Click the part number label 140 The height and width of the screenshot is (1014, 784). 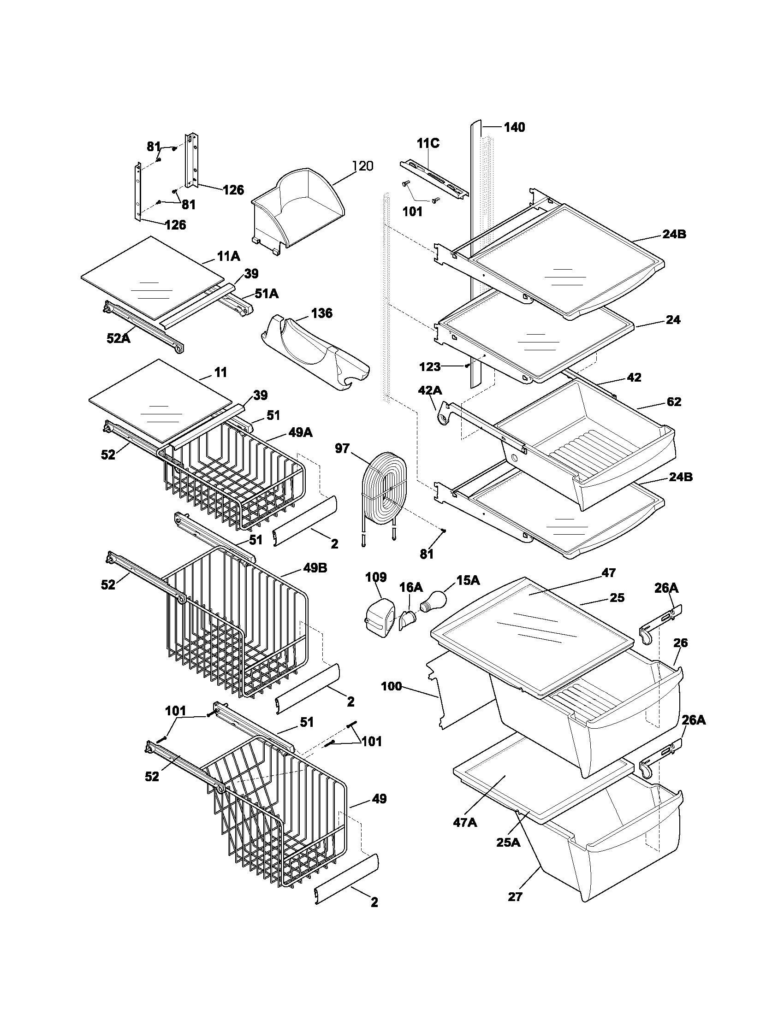[x=514, y=127]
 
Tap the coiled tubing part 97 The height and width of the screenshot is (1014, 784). [x=385, y=488]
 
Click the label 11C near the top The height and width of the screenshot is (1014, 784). [x=428, y=143]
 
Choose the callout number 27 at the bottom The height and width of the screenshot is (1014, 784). [x=515, y=896]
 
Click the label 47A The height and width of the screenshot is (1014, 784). [x=465, y=822]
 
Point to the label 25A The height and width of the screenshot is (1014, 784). [x=508, y=842]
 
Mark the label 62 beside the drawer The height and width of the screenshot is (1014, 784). [x=673, y=401]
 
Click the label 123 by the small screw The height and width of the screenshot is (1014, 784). [x=430, y=367]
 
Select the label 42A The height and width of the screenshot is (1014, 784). [x=430, y=390]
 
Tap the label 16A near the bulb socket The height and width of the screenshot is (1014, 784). [x=411, y=587]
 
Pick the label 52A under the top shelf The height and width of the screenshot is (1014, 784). [x=119, y=338]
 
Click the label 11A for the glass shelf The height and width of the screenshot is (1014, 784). [x=228, y=256]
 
